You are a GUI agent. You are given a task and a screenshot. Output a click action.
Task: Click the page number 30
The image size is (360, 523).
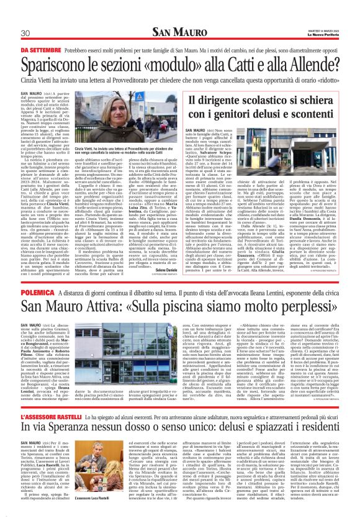coord(25,33)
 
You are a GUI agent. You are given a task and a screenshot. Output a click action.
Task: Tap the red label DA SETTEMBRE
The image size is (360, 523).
coord(40,50)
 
